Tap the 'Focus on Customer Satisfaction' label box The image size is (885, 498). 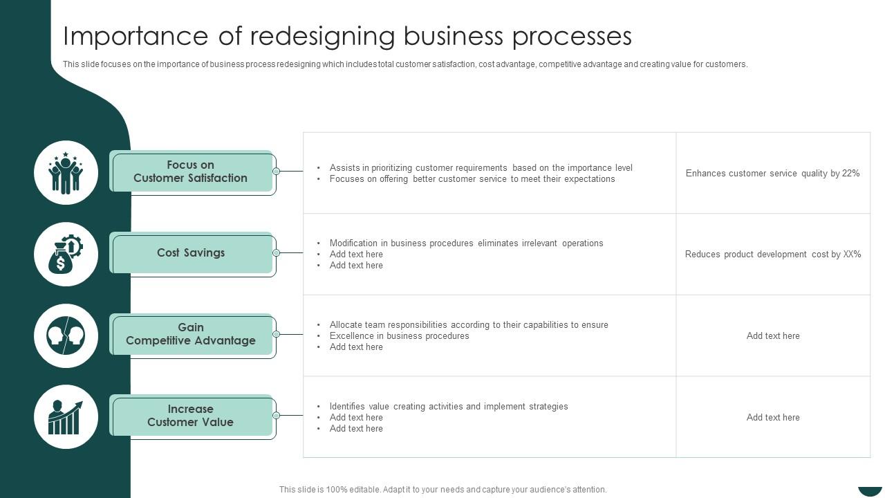point(191,172)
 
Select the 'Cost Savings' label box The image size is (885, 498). point(191,253)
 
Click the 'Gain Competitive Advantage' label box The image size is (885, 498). point(191,334)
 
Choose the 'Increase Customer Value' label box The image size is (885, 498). point(191,416)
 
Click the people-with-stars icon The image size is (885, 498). point(66,173)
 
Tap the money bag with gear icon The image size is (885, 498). point(66,254)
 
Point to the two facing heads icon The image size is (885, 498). point(66,335)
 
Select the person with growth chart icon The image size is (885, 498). point(66,417)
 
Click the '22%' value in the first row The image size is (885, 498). point(851,174)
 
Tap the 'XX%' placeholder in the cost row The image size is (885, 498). point(852,255)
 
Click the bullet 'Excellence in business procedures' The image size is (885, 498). point(399,336)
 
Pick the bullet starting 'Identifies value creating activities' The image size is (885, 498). point(448,407)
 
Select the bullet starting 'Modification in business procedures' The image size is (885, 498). point(466,243)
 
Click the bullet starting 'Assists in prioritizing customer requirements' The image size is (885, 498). point(481,168)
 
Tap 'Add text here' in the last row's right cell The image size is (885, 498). point(773,418)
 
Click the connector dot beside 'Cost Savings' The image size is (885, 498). point(276,253)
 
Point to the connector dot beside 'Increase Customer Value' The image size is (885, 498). point(276,416)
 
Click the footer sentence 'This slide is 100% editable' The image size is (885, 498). point(442,490)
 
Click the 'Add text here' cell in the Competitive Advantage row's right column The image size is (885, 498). point(773,336)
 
